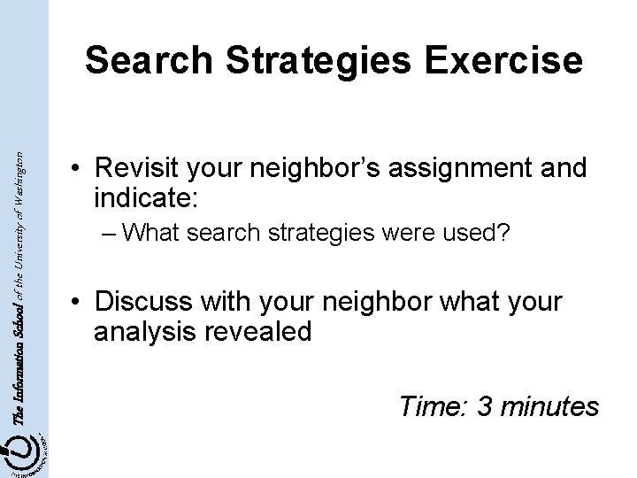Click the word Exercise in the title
click(506, 60)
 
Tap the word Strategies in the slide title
click(318, 60)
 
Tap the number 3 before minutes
click(486, 406)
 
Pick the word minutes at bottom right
click(549, 406)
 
